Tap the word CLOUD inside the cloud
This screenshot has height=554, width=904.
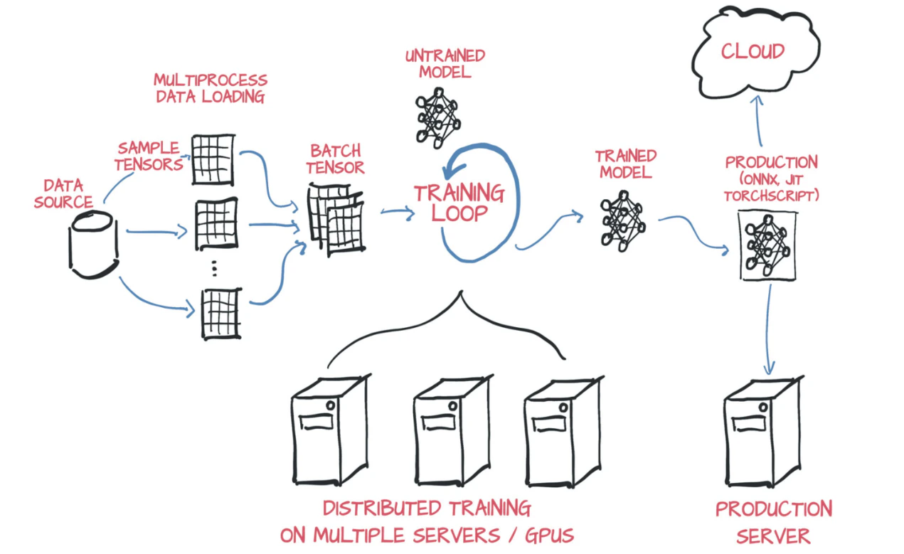point(753,51)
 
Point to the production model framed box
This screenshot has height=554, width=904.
point(767,245)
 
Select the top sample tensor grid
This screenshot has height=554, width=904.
point(213,159)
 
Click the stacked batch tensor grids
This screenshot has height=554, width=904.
point(336,220)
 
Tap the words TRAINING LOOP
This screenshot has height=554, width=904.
point(459,203)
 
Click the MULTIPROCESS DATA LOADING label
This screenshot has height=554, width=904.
point(211,88)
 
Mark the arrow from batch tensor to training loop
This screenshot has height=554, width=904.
point(397,211)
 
